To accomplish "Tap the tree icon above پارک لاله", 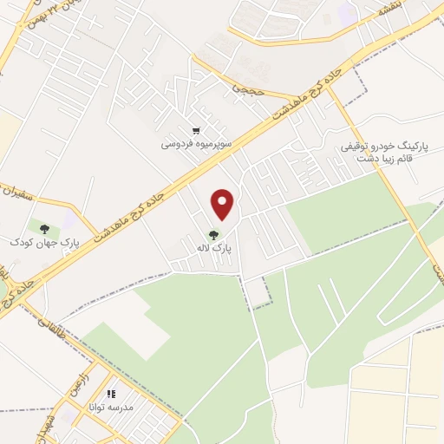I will coord(213,233).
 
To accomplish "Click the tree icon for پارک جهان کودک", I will coord(43,228).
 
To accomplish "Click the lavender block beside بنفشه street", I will coord(347,13).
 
